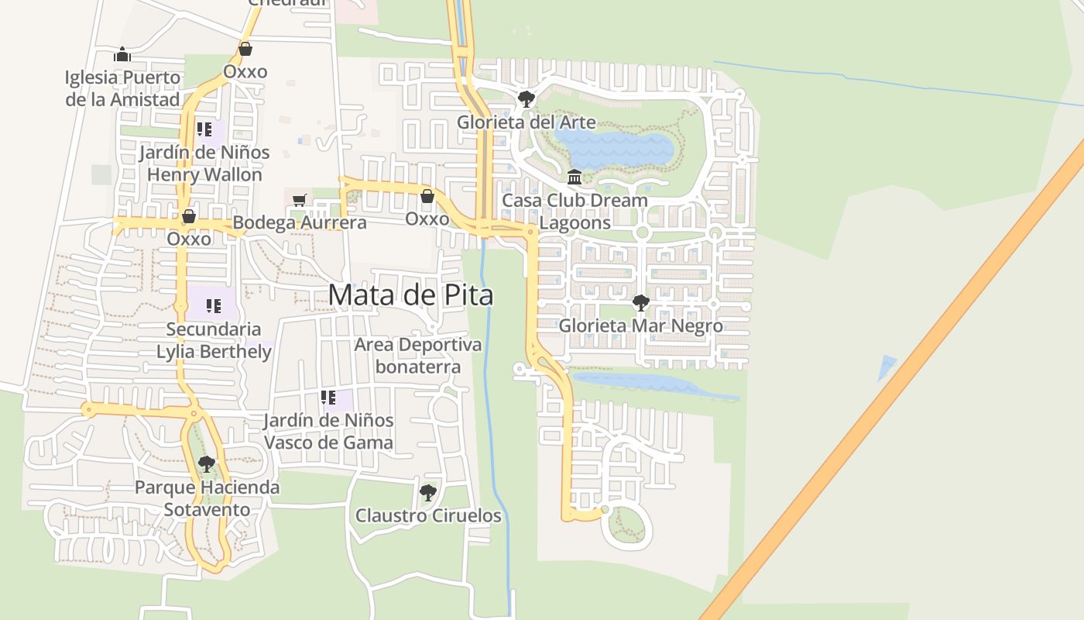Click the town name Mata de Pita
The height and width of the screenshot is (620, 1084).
(410, 295)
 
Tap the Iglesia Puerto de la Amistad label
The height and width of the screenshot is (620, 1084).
(122, 88)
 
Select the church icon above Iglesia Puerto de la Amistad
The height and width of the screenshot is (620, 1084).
(122, 54)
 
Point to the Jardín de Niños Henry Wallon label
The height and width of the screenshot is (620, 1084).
(204, 164)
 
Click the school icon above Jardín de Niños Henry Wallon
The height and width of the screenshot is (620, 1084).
(204, 129)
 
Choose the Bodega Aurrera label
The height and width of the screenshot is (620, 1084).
(300, 223)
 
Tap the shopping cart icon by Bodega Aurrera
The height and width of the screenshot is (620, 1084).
(300, 200)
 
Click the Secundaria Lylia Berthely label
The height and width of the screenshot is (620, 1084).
(214, 341)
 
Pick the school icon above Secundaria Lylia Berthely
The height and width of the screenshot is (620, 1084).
(214, 306)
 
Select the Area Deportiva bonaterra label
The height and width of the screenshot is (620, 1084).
(418, 356)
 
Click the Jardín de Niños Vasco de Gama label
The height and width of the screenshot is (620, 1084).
(328, 432)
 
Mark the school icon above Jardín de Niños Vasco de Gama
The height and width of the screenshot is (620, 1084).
(328, 398)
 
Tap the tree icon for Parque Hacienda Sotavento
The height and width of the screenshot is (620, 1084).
(206, 464)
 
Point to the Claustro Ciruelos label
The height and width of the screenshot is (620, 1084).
(428, 515)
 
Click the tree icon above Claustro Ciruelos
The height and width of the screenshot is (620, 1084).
(427, 492)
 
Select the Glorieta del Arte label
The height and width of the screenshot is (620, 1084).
(527, 122)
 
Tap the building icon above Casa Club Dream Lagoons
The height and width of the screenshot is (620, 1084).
(575, 177)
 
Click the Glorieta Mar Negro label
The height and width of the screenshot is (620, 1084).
(641, 325)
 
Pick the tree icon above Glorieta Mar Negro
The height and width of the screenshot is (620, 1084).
(640, 302)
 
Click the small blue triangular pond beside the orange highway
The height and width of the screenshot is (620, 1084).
(886, 366)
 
